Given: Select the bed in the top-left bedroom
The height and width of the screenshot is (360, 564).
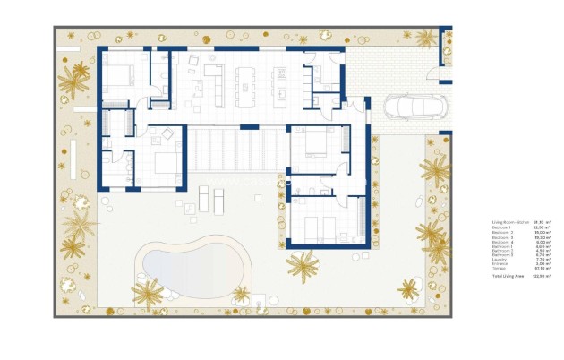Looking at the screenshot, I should (x=119, y=74).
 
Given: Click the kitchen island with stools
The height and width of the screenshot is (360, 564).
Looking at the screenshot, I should (x=244, y=81).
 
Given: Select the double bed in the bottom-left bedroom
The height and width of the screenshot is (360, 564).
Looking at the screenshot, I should (x=167, y=163).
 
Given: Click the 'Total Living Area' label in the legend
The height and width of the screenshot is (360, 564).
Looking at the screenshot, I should (x=508, y=276).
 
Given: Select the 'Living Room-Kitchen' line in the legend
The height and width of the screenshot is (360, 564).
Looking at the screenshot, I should (x=510, y=222).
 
